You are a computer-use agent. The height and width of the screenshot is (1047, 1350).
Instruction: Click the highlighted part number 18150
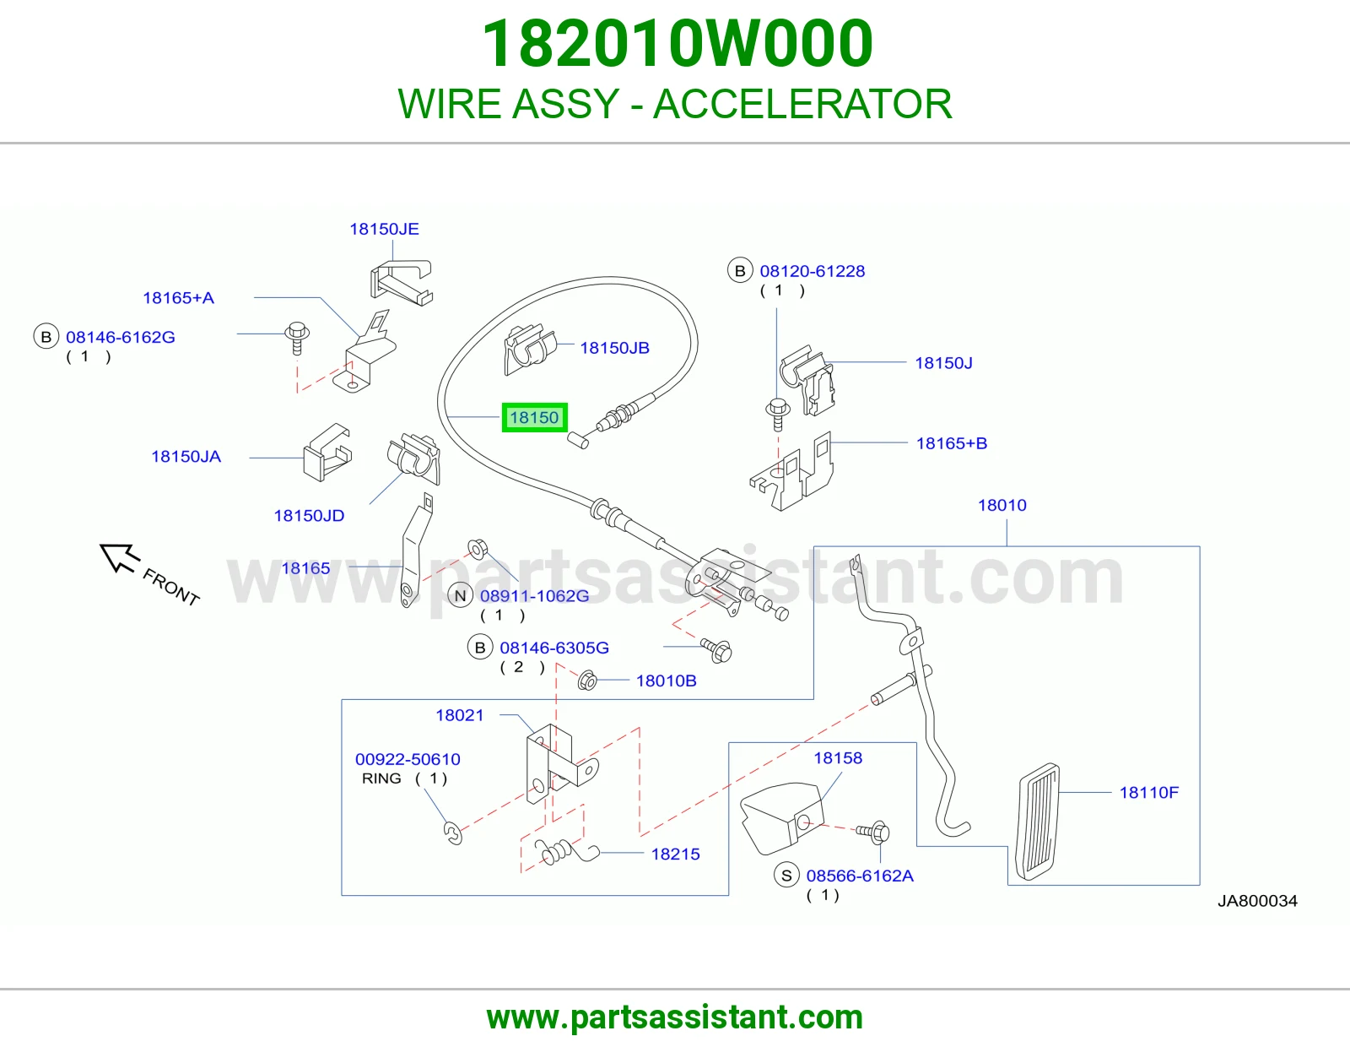point(534,417)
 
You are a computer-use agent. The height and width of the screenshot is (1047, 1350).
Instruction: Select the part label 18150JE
point(384,229)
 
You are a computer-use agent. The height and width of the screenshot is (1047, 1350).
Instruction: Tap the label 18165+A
point(178,298)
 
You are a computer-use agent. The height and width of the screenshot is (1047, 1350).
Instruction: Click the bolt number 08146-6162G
point(121,337)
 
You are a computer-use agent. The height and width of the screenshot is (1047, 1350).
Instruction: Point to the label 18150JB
point(614,348)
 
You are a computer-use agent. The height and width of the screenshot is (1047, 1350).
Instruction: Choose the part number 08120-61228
point(812,271)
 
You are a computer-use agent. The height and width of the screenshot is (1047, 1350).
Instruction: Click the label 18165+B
point(951,443)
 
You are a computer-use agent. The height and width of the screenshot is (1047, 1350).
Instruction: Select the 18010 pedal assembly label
point(1002,505)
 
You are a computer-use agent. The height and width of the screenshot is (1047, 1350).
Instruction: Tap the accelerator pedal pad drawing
point(1038,822)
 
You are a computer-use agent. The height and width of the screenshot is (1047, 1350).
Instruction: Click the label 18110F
point(1148,792)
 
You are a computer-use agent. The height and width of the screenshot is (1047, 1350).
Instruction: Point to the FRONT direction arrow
point(119,557)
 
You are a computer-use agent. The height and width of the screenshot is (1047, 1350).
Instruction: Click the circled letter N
point(460,595)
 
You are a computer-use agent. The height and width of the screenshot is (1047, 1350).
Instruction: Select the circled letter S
point(786,876)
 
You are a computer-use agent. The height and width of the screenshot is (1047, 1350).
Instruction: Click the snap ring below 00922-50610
point(454,833)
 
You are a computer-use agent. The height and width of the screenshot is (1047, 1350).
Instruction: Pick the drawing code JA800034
point(1257,901)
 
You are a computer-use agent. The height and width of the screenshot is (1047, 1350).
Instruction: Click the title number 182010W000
point(678,44)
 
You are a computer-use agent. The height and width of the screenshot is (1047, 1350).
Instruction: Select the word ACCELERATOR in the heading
point(802,104)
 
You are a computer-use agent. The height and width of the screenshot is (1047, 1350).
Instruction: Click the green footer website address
point(675,1017)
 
